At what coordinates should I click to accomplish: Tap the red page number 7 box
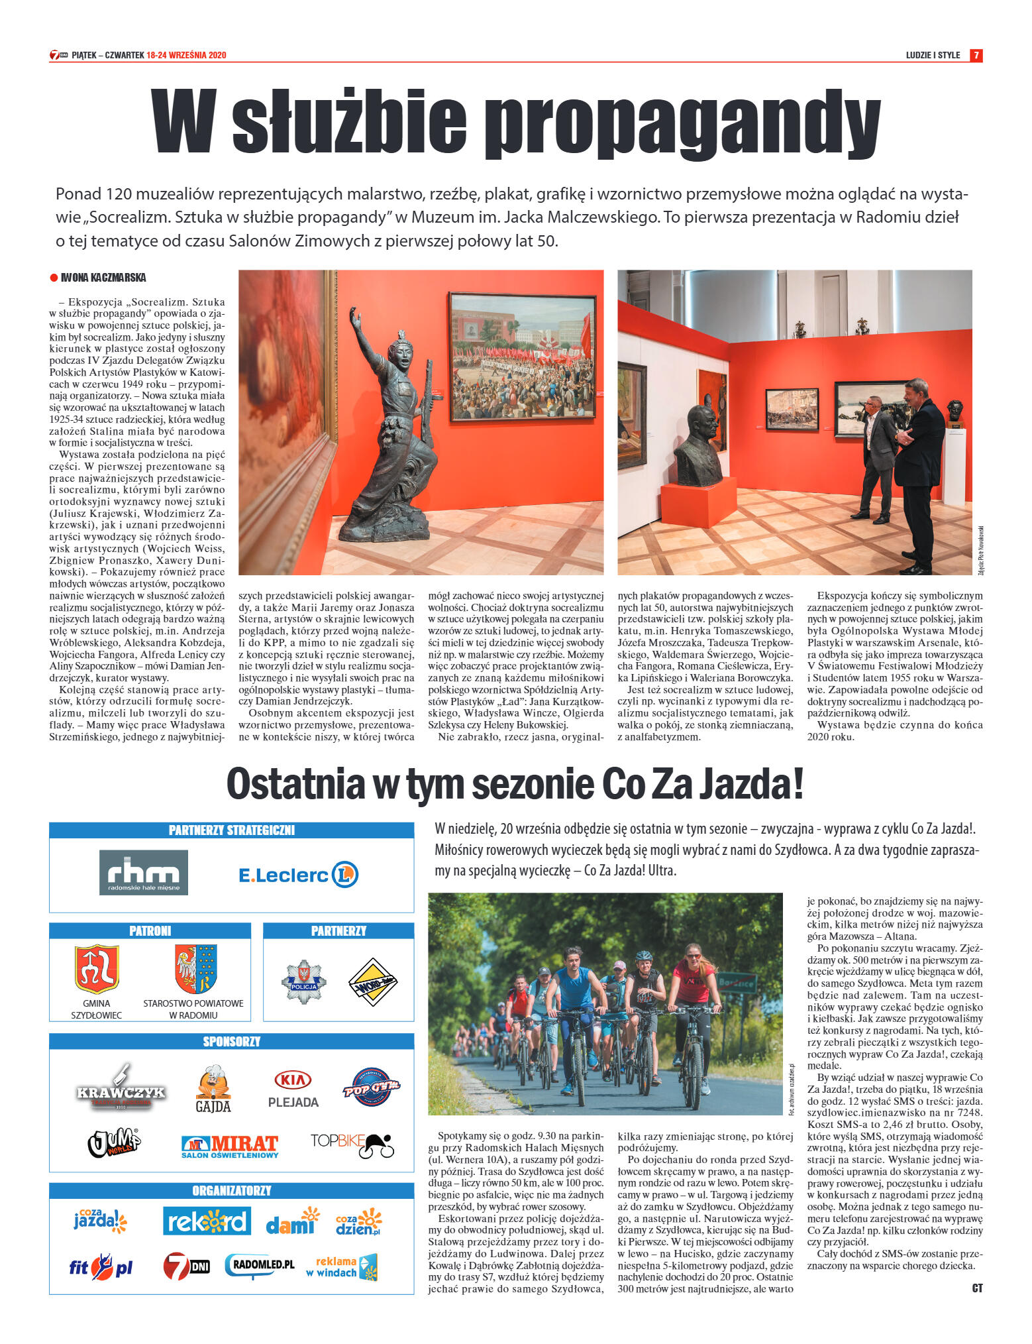click(976, 56)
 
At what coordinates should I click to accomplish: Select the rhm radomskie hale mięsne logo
click(143, 872)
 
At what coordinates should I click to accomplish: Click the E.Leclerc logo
click(298, 875)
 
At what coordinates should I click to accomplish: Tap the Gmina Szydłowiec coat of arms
click(97, 969)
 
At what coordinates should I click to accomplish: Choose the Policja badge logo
click(303, 981)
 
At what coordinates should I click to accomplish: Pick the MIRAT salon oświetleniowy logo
click(230, 1146)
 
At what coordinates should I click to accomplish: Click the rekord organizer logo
click(207, 1221)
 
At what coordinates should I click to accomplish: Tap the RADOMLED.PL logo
click(259, 1266)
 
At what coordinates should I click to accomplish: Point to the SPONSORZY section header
click(231, 1041)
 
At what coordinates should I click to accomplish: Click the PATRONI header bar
click(150, 930)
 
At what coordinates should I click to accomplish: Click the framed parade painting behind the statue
click(522, 346)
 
